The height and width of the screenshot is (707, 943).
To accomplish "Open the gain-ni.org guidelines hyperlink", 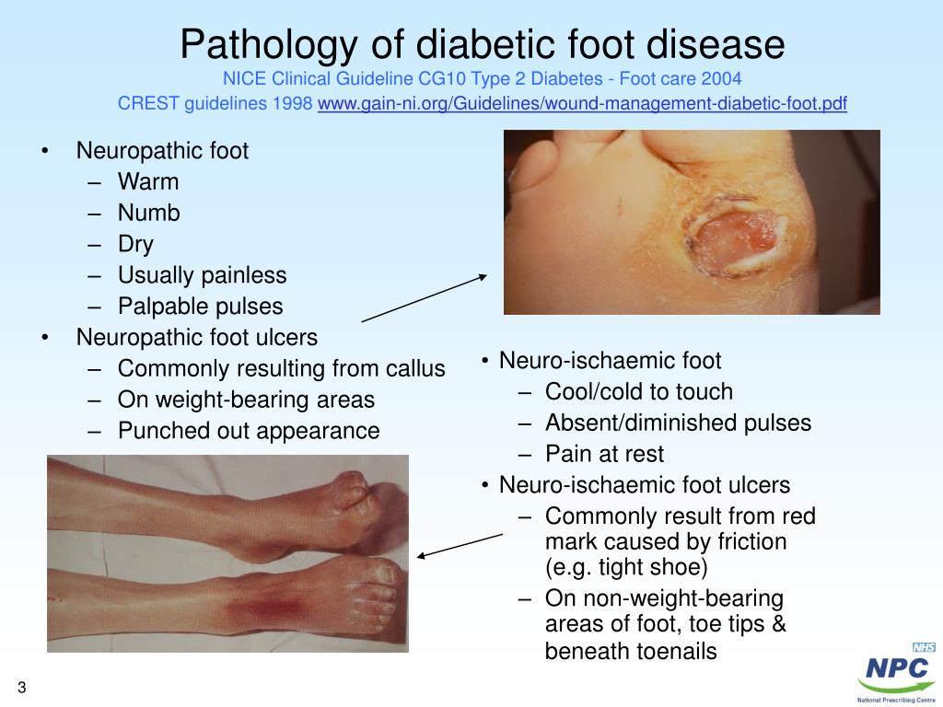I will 582,103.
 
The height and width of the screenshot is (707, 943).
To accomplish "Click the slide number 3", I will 20,689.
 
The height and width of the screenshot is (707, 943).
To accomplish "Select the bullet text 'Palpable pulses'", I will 200,307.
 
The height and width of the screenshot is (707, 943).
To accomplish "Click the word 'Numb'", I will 148,213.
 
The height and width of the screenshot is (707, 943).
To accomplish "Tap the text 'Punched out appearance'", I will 248,431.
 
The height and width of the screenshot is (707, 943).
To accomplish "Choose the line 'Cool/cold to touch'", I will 638,391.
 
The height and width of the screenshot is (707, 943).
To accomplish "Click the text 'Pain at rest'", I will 603,454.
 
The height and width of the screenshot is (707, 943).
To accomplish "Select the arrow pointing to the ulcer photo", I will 424,297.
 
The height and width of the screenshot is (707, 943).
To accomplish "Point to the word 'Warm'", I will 148,181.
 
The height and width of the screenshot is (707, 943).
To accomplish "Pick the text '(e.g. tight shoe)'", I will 626,566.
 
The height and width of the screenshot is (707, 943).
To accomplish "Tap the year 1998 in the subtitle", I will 293,103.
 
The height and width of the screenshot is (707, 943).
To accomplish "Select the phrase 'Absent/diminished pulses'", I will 678,423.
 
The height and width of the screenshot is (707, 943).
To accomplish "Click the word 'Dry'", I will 135,244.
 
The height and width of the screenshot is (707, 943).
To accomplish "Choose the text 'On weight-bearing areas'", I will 246,400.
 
